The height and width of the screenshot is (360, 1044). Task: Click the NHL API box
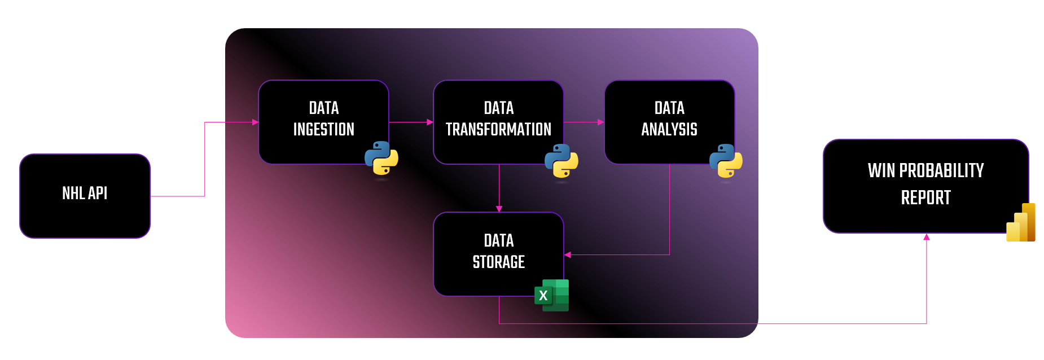point(85,196)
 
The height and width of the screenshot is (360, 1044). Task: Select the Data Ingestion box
point(323,122)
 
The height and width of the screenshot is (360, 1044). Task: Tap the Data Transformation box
point(498,122)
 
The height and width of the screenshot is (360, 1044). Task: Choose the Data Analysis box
point(669,122)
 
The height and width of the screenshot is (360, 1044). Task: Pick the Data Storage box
point(498,254)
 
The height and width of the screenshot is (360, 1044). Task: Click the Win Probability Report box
point(926,186)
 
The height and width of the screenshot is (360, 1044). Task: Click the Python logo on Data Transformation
point(562,161)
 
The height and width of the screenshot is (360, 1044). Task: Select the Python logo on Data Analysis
point(726,161)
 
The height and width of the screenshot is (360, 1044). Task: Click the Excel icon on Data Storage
point(551,295)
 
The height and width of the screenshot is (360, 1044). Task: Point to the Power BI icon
point(1021,222)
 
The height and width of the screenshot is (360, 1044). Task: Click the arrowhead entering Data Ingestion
point(255,122)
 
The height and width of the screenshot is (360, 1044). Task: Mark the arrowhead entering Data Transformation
point(430,122)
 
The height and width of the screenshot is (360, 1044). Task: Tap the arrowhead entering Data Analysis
point(601,122)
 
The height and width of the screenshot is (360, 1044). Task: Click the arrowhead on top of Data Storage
point(499,209)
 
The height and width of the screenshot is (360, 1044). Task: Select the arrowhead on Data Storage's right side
point(568,255)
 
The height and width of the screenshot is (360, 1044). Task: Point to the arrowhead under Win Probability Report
point(927,237)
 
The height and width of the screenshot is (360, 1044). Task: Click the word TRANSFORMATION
point(498,130)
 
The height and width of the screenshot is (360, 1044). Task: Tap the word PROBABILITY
point(941,170)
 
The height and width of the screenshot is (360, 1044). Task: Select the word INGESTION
point(324,130)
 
